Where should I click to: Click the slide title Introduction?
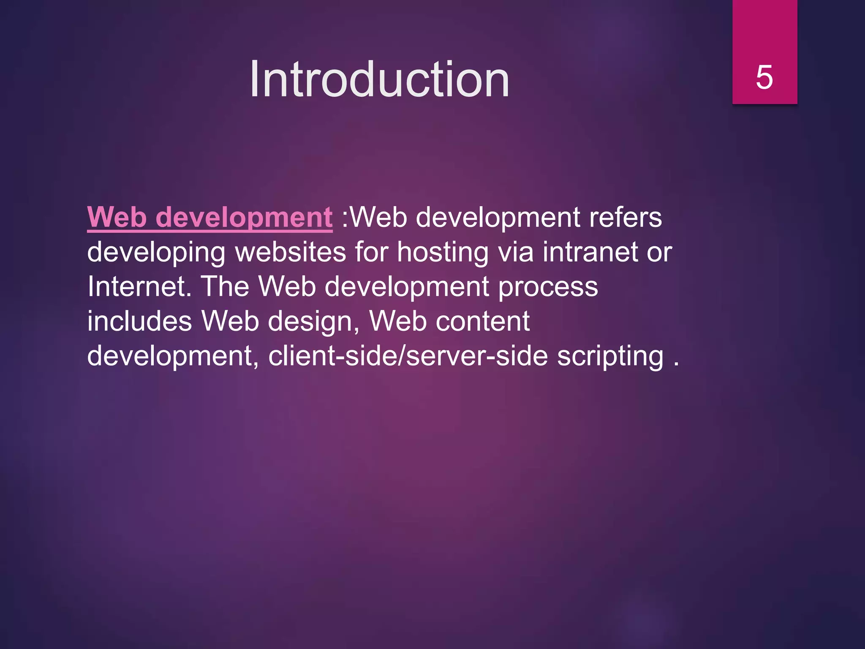point(379,79)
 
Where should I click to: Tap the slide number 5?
point(764,77)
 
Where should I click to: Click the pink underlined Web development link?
point(209,218)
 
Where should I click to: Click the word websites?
point(291,252)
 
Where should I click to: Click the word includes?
point(139,322)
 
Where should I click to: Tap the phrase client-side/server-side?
point(408,356)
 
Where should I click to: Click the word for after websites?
point(371,252)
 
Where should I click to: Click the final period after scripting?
point(676,363)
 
